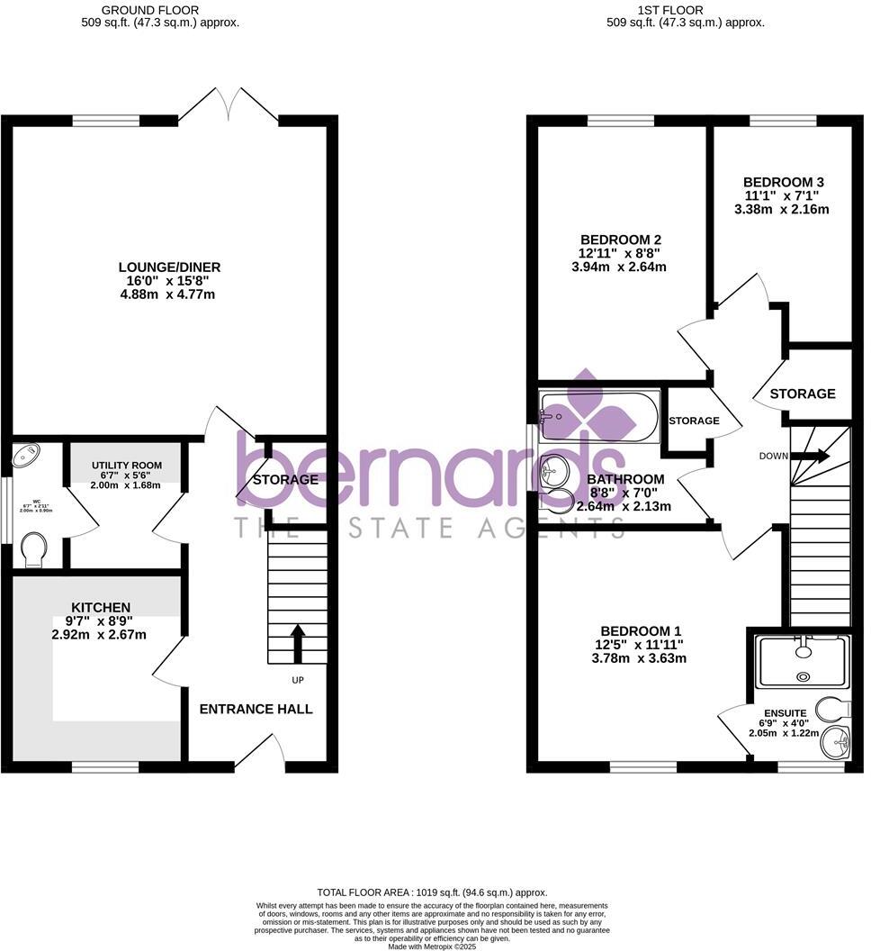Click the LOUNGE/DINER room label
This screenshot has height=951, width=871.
tap(169, 267)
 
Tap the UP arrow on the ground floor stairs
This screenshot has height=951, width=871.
tap(298, 644)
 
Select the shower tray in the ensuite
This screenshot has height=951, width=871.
tap(803, 662)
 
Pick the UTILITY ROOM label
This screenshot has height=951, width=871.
tap(126, 466)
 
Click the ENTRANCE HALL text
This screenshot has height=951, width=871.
tap(256, 709)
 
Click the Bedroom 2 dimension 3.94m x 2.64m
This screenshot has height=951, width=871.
tap(621, 267)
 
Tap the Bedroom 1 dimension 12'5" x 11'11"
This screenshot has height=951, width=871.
tap(639, 644)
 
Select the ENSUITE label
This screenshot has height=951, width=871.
tap(785, 711)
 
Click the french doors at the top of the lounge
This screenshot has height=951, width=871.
tap(228, 106)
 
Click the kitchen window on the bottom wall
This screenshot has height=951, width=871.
tap(106, 767)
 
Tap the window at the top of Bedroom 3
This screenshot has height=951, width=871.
tap(783, 120)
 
